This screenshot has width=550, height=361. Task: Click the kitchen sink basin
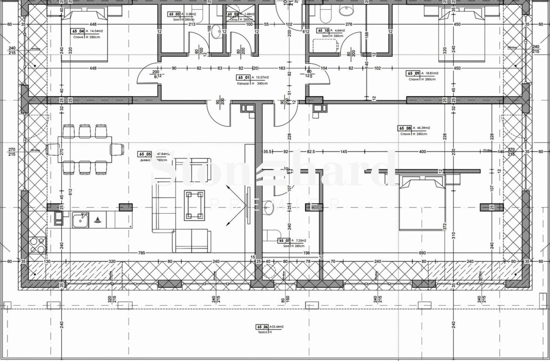tap(80, 220)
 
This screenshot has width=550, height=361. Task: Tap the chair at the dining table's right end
tap(118, 150)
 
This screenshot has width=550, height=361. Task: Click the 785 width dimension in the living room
tap(142, 253)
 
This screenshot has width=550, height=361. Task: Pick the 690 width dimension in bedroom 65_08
tap(422, 253)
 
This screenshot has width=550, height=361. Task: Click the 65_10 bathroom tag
tap(322, 31)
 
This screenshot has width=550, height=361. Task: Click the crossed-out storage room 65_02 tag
tap(233, 14)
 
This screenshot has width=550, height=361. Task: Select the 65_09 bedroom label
tap(413, 73)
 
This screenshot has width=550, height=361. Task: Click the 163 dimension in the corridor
tap(282, 68)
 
